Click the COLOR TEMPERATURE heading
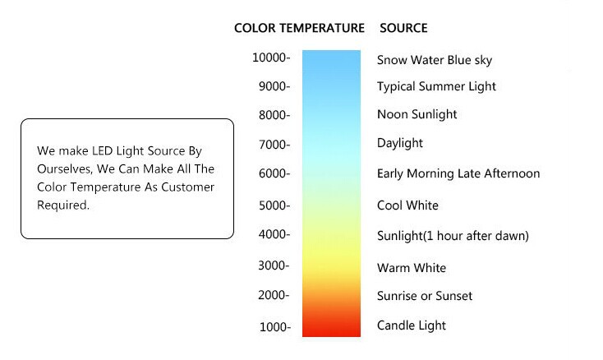click(x=299, y=28)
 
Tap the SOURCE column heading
click(x=403, y=28)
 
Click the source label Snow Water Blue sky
click(x=435, y=60)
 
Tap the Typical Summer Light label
click(x=436, y=86)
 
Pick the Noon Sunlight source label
click(x=417, y=114)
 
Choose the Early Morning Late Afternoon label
click(x=458, y=174)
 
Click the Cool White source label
click(x=407, y=205)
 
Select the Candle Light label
click(x=412, y=325)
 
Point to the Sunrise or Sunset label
click(x=425, y=296)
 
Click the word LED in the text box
click(x=102, y=150)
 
